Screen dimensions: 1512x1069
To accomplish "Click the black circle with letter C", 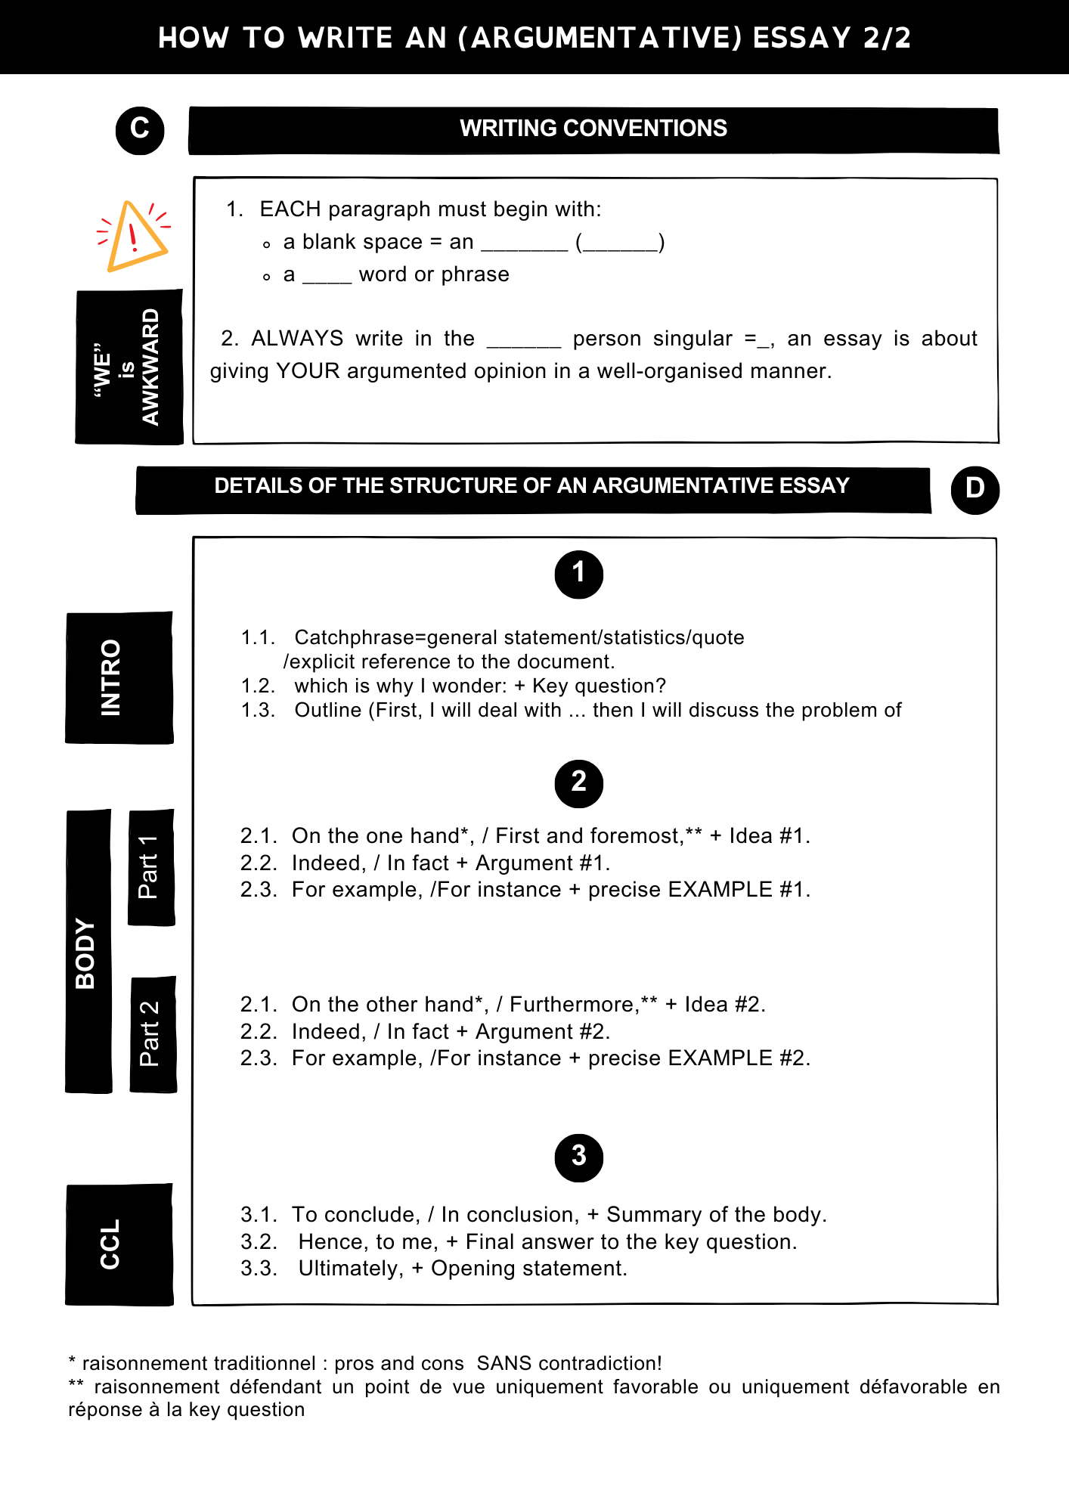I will tap(140, 130).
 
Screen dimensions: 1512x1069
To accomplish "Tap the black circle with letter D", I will tap(974, 490).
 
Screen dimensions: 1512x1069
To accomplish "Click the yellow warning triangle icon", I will tap(135, 236).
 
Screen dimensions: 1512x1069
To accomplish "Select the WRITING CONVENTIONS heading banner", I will tap(593, 129).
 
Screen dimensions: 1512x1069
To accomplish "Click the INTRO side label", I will tap(119, 677).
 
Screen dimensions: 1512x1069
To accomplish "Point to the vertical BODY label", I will tap(88, 953).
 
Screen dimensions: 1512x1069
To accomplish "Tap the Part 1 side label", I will tap(151, 868).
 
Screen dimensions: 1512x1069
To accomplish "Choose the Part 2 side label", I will tap(153, 1034).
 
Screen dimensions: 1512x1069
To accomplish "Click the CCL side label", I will tap(119, 1244).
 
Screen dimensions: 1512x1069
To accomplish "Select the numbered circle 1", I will tap(578, 575).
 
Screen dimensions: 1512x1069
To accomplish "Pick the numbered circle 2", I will tap(578, 783).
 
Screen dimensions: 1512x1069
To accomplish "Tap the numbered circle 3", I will tap(578, 1157).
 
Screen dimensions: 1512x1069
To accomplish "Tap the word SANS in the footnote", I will tap(504, 1363).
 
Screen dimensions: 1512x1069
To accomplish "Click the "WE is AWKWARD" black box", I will tap(129, 367).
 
